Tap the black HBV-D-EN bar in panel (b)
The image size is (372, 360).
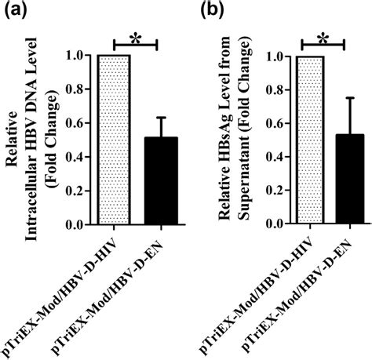(x=355, y=180)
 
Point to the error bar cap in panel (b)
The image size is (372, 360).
(x=355, y=98)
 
